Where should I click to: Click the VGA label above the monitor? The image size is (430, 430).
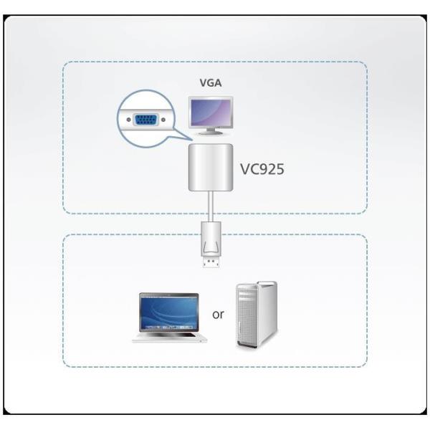(211, 83)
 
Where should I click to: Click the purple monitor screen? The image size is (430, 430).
(211, 112)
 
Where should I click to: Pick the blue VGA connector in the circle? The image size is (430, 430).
(146, 119)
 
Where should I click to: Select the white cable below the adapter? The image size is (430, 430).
(211, 208)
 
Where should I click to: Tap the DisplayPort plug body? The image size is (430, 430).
(211, 240)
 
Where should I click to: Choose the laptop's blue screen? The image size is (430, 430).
(169, 313)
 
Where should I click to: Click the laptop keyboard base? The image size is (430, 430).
(170, 337)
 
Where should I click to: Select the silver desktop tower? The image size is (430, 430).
(256, 315)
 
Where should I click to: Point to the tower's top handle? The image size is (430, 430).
(257, 285)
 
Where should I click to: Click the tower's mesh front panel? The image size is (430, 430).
(246, 319)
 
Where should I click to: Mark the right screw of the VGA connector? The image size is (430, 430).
(163, 119)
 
